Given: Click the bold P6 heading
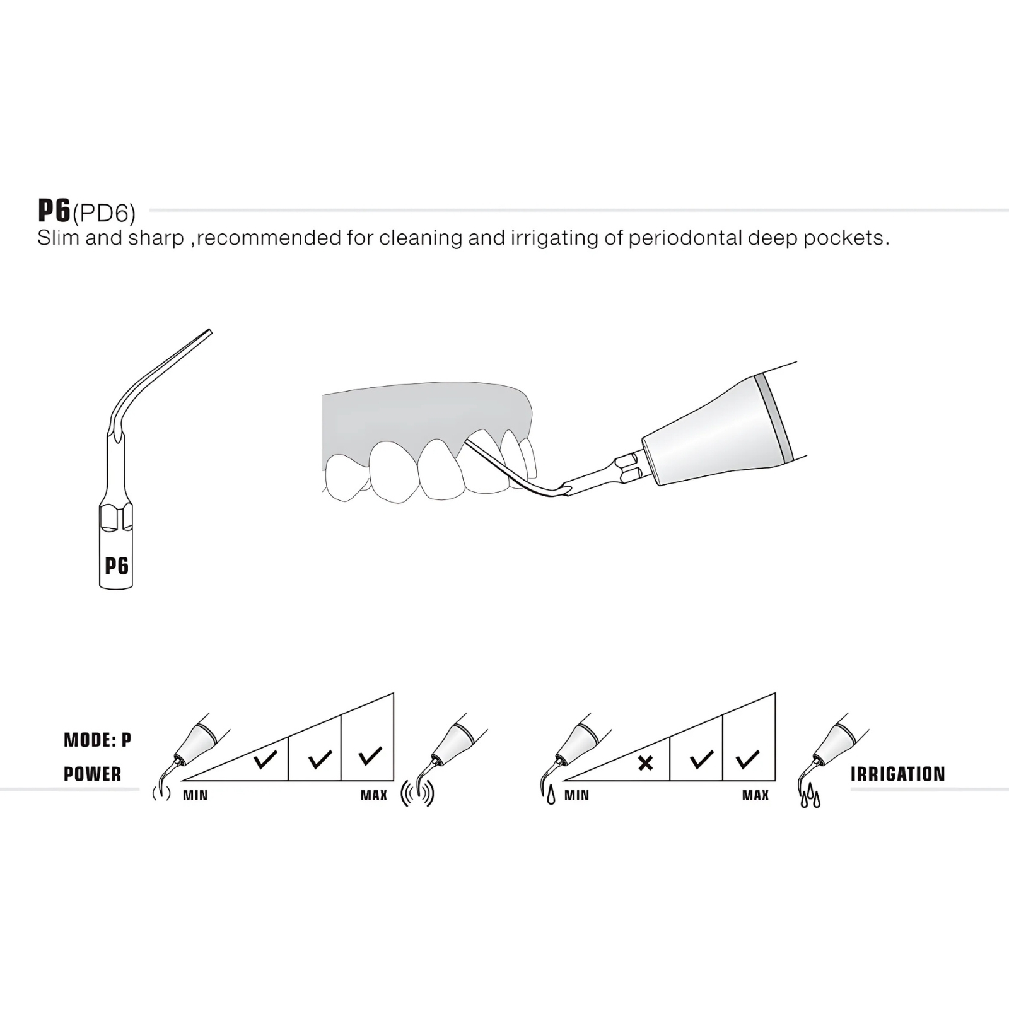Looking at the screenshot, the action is tap(54, 211).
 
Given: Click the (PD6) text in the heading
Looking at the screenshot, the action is tap(104, 214).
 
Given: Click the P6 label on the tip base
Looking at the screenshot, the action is tap(117, 566).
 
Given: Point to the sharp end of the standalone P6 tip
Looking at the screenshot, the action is tap(210, 330).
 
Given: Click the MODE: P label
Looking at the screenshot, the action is tap(98, 740).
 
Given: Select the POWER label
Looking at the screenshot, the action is tap(93, 774).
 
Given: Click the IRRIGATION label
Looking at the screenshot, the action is tap(898, 774).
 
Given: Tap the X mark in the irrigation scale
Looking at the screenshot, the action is tap(645, 763).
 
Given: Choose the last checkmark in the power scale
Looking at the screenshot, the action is tap(370, 755).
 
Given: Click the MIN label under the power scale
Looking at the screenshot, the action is tap(195, 795).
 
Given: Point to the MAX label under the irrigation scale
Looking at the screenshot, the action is tap(755, 795).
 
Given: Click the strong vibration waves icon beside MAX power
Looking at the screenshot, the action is tap(417, 795).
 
